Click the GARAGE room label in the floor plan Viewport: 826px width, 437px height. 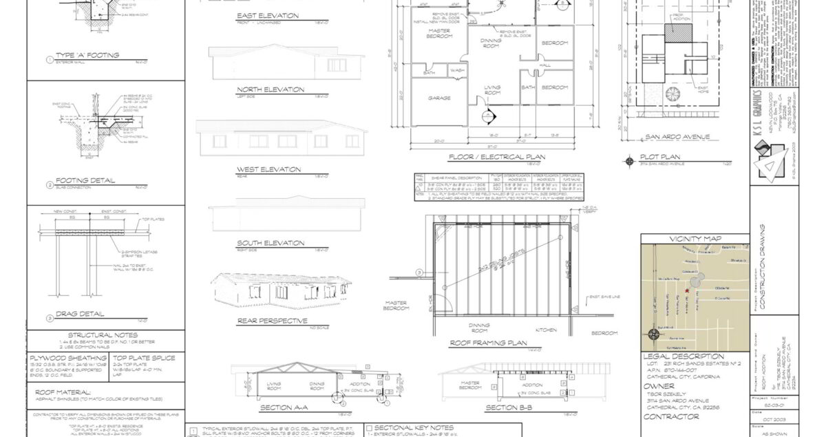pos(439,98)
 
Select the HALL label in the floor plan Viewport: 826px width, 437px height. pos(545,65)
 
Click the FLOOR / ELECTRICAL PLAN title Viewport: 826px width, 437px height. pos(496,157)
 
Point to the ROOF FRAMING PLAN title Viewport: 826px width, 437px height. pos(488,343)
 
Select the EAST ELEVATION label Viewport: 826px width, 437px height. pos(267,15)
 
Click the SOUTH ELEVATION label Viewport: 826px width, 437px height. pos(270,243)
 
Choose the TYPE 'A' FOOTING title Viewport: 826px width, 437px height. pos(87,55)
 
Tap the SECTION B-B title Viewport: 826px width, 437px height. pos(511,407)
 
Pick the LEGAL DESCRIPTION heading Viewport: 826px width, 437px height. pos(684,356)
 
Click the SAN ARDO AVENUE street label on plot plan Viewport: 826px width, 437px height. pos(675,137)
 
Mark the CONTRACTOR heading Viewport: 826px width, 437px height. pos(670,417)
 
